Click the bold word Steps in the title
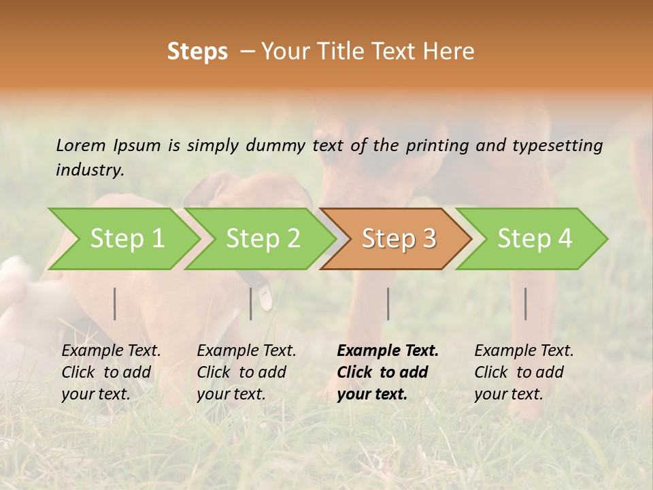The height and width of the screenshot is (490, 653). [197, 52]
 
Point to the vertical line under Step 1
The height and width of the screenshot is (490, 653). [115, 304]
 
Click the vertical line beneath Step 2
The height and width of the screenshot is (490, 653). [251, 304]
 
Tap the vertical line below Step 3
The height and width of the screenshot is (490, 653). [388, 304]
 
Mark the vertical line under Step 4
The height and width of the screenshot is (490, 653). [525, 304]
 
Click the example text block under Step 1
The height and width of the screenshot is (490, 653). [111, 372]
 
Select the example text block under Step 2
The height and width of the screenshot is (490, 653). [246, 372]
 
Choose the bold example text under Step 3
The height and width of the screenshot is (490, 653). [388, 372]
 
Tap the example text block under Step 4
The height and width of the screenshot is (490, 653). [524, 372]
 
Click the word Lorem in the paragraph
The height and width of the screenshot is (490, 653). [81, 145]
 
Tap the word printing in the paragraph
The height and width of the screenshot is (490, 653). [439, 145]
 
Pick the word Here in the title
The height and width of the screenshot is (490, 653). [452, 52]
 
